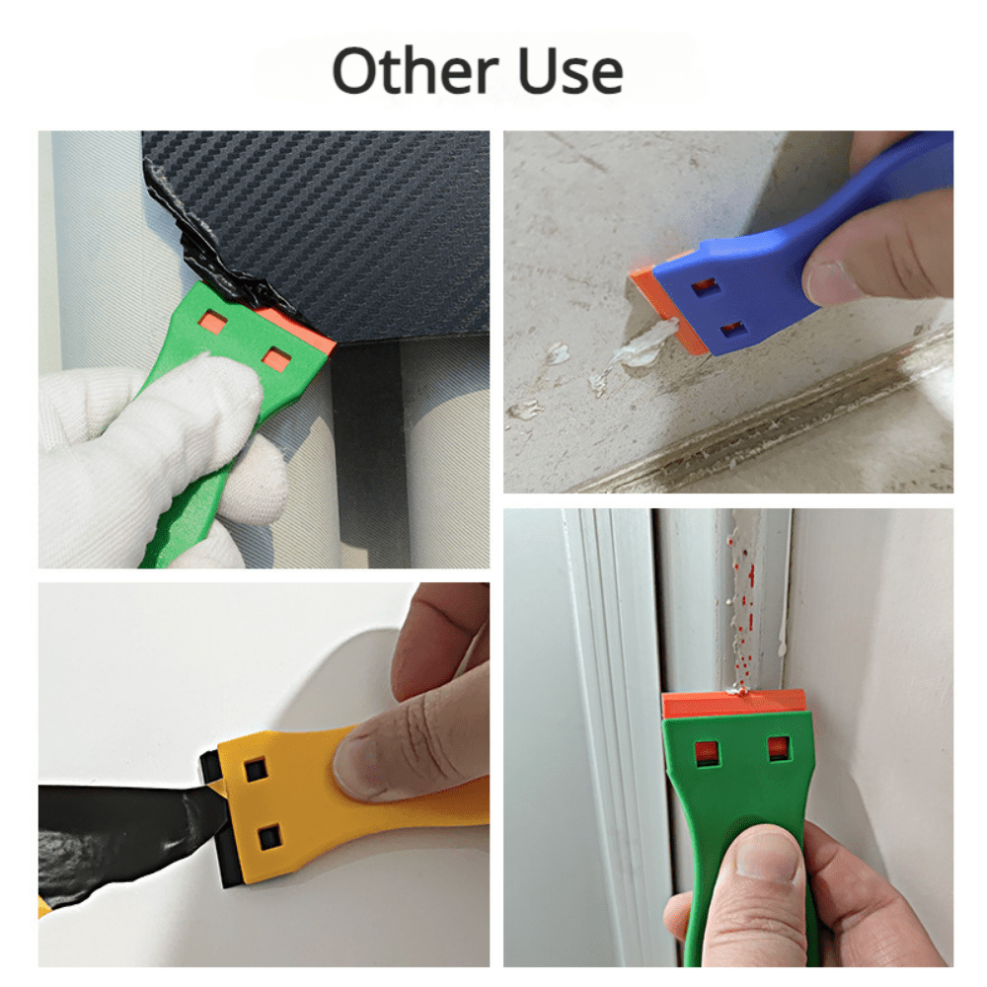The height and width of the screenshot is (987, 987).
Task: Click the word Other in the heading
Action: click(x=416, y=70)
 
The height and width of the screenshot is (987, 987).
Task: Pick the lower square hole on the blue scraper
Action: click(x=732, y=329)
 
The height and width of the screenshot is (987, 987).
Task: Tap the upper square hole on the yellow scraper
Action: click(x=255, y=770)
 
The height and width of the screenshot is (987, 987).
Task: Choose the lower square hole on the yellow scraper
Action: click(x=269, y=837)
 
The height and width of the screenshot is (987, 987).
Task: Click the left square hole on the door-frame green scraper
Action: click(x=708, y=753)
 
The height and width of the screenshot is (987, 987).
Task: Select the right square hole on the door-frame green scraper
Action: click(x=779, y=748)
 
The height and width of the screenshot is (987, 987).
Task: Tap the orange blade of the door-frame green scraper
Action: click(x=734, y=704)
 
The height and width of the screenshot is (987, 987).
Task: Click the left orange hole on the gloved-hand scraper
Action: click(x=213, y=323)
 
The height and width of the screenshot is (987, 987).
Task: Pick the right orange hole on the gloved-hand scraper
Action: click(x=275, y=360)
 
